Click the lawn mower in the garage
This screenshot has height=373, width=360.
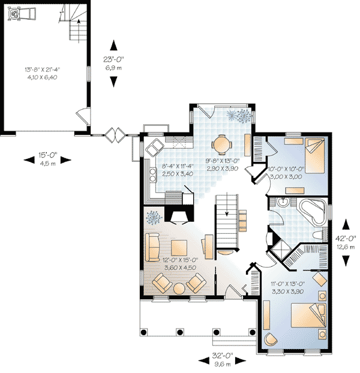[x=22, y=13]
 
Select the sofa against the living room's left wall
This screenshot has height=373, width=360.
[x=151, y=245]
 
